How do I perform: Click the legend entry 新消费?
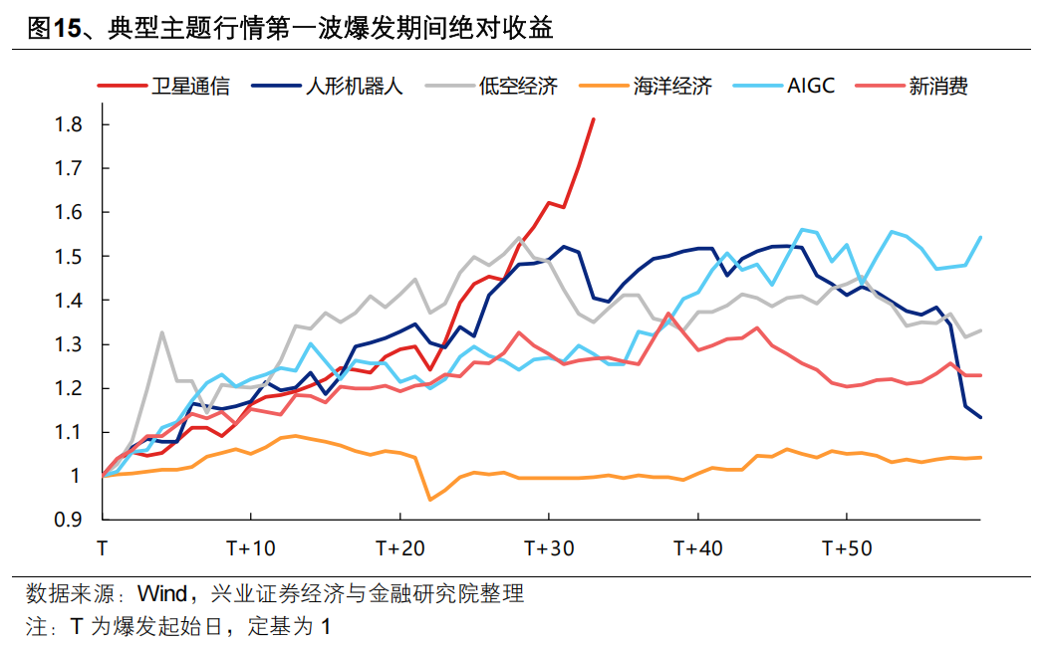[937, 87]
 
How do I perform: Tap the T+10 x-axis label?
[250, 548]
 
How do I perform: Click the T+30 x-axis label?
[548, 548]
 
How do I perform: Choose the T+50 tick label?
[846, 548]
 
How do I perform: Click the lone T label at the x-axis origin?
[103, 548]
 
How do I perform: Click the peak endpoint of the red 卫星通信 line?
[593, 119]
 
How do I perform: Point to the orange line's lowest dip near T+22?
[429, 500]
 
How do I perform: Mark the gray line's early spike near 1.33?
[161, 332]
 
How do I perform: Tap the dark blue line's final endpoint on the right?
[980, 417]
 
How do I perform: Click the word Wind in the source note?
[161, 595]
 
